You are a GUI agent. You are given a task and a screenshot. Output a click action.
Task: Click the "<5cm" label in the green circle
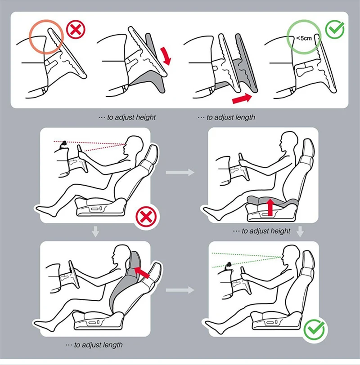click(x=304, y=38)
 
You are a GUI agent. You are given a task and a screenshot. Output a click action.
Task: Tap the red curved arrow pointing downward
click(x=166, y=55)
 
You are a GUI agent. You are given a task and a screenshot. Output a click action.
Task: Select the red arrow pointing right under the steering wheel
click(x=242, y=98)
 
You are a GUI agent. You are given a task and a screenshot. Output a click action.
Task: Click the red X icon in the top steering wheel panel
click(x=76, y=30)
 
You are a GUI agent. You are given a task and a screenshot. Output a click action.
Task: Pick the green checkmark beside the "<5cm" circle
click(x=335, y=29)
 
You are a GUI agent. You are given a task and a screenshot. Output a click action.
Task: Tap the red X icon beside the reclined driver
click(x=146, y=217)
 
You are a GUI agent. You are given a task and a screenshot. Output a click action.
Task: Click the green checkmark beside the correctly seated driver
click(x=315, y=329)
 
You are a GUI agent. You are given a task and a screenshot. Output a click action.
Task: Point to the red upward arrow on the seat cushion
click(x=270, y=206)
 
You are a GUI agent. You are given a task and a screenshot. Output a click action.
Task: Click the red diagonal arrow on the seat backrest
click(x=142, y=272)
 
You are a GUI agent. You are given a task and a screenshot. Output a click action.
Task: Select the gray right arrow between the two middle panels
click(x=180, y=172)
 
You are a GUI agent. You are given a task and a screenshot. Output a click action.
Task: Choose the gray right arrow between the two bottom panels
click(x=180, y=290)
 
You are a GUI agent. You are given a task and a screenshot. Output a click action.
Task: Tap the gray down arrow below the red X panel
click(x=95, y=231)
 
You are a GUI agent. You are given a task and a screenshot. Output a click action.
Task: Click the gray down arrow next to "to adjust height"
click(x=300, y=231)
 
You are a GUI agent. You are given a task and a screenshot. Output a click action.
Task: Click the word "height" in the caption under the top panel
click(x=145, y=117)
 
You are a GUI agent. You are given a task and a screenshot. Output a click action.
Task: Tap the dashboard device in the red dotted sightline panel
click(x=63, y=145)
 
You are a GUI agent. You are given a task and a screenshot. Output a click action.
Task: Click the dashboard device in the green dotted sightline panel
click(x=228, y=266)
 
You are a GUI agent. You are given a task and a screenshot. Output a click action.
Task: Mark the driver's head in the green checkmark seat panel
click(x=291, y=255)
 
